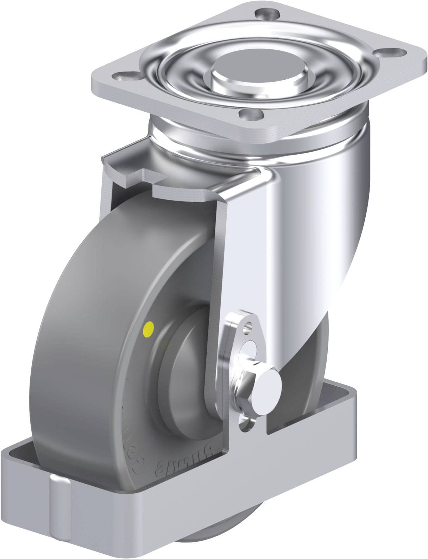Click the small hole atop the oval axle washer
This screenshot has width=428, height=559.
250,324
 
